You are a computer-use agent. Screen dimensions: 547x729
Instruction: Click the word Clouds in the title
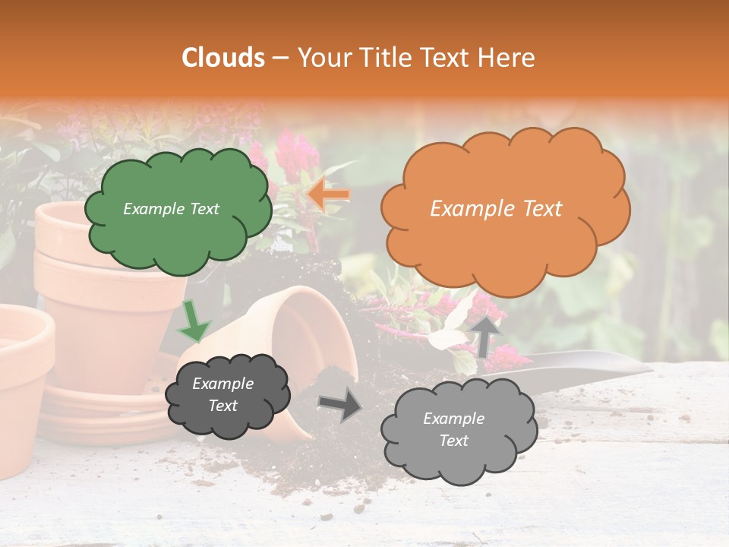223,58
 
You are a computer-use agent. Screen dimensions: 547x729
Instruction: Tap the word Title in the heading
382,58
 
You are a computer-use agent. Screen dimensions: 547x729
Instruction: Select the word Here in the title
505,58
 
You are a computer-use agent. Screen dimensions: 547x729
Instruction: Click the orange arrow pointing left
330,195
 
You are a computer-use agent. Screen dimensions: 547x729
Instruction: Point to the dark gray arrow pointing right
340,404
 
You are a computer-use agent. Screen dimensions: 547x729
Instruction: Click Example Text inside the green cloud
171,209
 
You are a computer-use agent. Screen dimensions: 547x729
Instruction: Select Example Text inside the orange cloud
496,209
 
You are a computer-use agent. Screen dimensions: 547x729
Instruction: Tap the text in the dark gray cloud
222,394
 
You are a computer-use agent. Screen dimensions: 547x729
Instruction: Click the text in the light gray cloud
453,429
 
